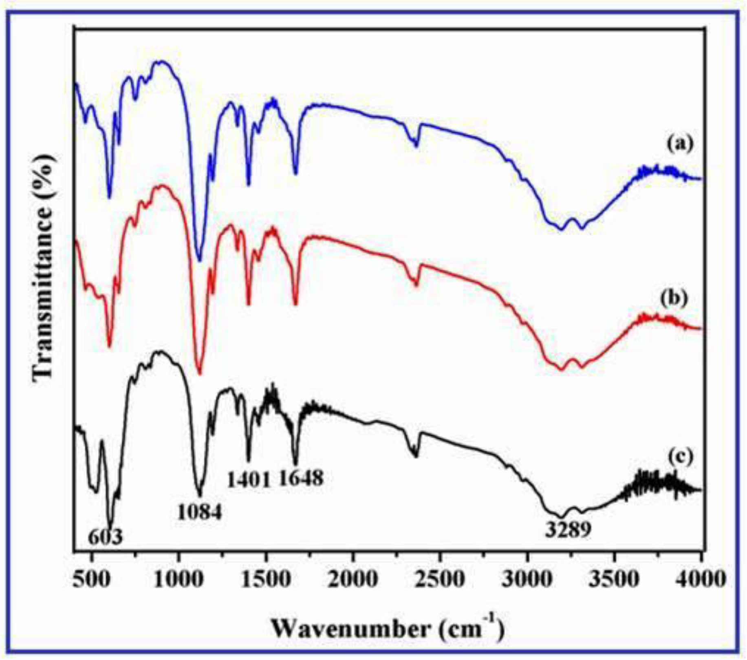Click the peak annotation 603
105,537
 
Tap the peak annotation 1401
249,479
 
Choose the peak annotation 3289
568,530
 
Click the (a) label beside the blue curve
680,144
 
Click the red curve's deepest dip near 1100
199,373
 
